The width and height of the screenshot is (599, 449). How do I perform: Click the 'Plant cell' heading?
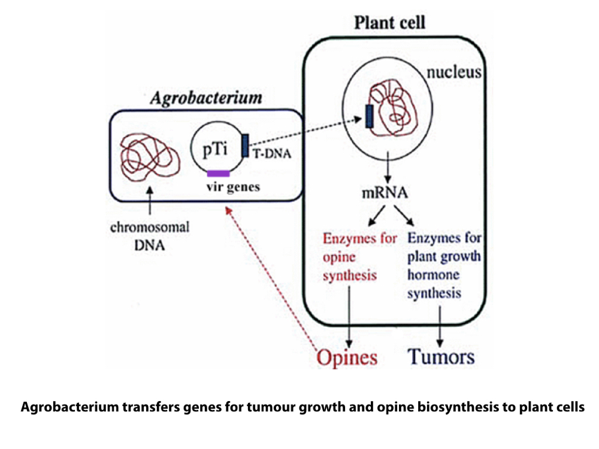389,23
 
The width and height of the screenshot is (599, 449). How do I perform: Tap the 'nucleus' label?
455,74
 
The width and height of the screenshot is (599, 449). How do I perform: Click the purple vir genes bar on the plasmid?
218,173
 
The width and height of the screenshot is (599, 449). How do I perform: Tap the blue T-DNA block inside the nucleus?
369,116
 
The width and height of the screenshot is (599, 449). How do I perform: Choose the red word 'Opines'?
347,357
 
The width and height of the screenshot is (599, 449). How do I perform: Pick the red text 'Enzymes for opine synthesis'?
359,257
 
